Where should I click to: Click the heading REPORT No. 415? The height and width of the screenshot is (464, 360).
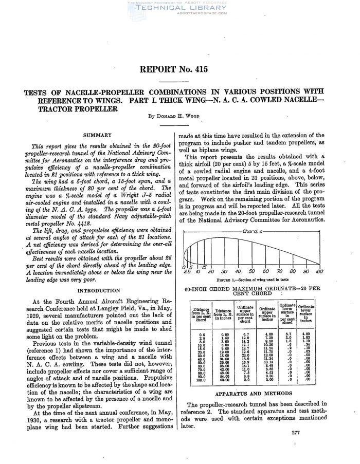click(180, 71)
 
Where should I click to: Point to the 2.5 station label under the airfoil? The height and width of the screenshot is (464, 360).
click(186, 271)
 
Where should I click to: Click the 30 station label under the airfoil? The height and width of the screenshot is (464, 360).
click(224, 271)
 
